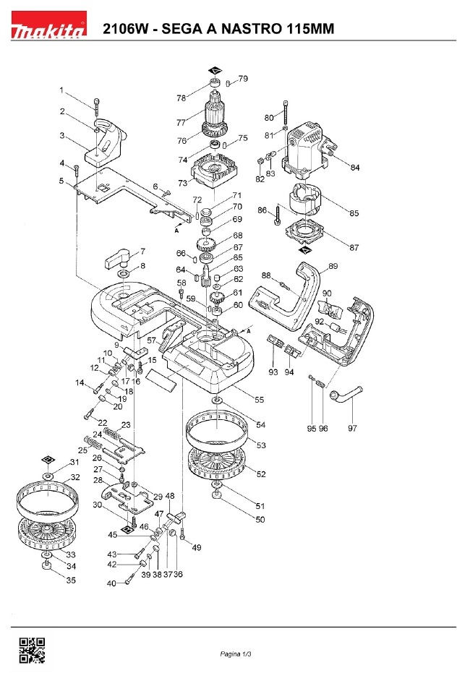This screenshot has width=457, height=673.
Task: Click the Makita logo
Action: tap(48, 25)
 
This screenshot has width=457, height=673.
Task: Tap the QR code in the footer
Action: tap(32, 651)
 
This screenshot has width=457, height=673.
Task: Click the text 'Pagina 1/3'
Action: tap(236, 654)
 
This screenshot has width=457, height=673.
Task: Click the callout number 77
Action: tap(181, 122)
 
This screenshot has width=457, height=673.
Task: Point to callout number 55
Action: tap(259, 400)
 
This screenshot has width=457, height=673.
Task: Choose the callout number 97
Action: tap(352, 428)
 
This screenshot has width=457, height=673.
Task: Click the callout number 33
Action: tap(71, 555)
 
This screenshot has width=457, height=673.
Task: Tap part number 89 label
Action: tap(333, 266)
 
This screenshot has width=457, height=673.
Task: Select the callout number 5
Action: tap(61, 181)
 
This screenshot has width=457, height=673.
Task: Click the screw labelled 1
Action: tap(97, 107)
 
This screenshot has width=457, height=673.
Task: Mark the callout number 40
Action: tap(111, 583)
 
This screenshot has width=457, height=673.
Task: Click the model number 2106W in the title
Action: tap(124, 28)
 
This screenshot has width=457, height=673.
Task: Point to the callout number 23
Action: tap(125, 425)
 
